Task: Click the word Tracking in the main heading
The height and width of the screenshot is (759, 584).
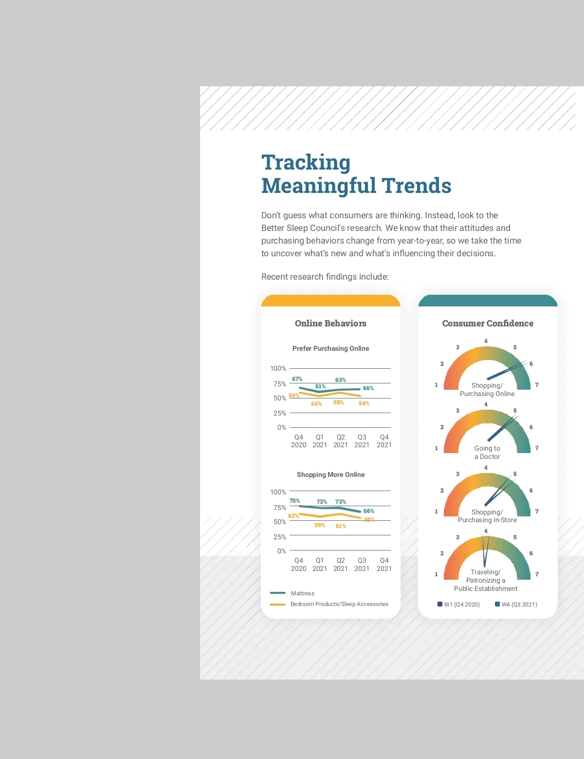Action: (x=306, y=163)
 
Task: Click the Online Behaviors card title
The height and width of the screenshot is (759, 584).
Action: (x=330, y=323)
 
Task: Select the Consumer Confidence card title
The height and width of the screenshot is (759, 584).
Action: (x=488, y=323)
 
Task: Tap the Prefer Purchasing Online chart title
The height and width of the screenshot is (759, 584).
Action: (x=330, y=348)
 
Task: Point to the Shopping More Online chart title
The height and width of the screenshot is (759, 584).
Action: (x=330, y=474)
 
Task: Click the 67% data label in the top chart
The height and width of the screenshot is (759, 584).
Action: (x=297, y=379)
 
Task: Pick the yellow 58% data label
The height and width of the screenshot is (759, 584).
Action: (x=338, y=402)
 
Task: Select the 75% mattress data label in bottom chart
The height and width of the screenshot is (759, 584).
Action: (x=294, y=500)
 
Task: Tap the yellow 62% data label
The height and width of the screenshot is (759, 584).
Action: (x=293, y=515)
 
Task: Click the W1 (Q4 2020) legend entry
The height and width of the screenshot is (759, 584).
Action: (x=459, y=604)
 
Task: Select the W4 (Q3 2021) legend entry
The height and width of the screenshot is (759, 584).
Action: (x=516, y=604)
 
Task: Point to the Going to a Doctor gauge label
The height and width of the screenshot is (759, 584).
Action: (x=487, y=452)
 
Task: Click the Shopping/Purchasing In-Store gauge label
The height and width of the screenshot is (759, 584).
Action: (x=487, y=516)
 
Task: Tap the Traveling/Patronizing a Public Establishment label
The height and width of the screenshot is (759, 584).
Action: (x=485, y=580)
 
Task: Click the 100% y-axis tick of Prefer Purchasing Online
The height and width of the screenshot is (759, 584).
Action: (x=278, y=368)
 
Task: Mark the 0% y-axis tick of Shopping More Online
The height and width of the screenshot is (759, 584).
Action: (x=281, y=551)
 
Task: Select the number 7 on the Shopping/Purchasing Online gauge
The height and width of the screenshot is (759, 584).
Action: (x=537, y=384)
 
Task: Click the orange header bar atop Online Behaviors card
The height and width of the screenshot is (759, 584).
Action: (x=330, y=301)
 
